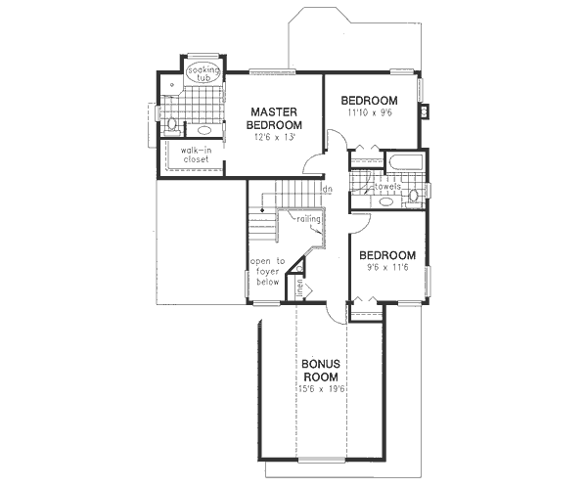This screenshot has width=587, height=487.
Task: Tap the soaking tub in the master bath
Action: tap(203, 71)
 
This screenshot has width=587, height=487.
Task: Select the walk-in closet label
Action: tap(195, 155)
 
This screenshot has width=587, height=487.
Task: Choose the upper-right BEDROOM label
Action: tap(369, 101)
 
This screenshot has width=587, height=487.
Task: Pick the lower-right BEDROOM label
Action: tap(387, 255)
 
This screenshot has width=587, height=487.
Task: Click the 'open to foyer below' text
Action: tap(266, 272)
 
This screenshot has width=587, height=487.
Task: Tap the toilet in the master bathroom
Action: tap(171, 124)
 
